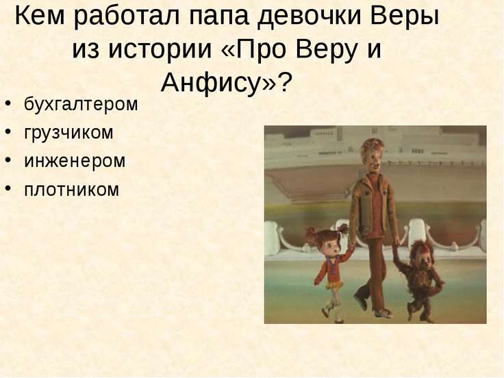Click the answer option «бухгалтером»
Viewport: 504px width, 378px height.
pos(81,105)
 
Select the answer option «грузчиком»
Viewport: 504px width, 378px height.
pos(68,133)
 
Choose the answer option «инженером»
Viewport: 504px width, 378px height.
pos(75,161)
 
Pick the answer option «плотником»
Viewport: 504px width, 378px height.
pos(71,189)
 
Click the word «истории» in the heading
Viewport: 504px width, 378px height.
pos(160,49)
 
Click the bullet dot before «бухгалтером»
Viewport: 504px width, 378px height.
pos(8,104)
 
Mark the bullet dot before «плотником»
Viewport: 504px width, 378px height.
pos(8,189)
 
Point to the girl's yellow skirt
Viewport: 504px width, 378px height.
pos(334,284)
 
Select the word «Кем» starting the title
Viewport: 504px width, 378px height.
pos(40,16)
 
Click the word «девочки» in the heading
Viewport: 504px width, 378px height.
pos(310,16)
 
